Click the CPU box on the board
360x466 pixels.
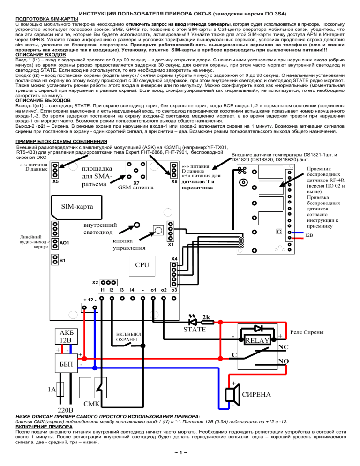point(142,265)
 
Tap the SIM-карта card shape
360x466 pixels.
point(77,207)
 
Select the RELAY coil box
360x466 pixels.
point(257,340)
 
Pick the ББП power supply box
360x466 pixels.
point(66,363)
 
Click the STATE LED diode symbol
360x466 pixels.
point(193,322)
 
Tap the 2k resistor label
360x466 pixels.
point(206,317)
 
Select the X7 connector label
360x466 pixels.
point(136,183)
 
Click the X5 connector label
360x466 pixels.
point(55,181)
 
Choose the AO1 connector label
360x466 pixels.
point(64,243)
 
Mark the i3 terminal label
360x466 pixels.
point(121,290)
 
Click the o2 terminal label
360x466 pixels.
point(164,290)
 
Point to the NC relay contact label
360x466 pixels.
point(283,347)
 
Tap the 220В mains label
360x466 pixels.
point(66,410)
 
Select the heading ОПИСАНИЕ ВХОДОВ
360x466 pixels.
point(41,55)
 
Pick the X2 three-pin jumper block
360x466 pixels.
point(108,282)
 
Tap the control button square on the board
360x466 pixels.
point(158,230)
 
